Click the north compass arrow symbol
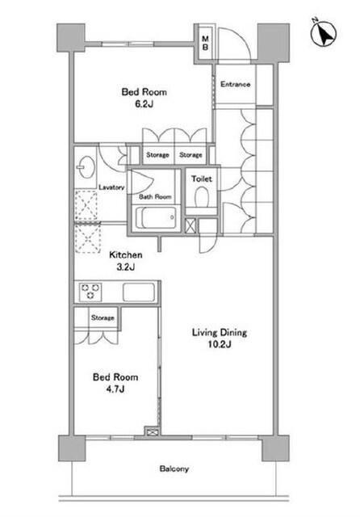click(x=324, y=33)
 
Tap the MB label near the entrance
click(x=205, y=43)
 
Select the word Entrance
click(x=235, y=84)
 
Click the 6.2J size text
click(x=144, y=104)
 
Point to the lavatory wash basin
click(x=86, y=167)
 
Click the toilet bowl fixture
click(x=202, y=197)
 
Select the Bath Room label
click(x=155, y=197)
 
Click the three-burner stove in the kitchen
click(x=90, y=292)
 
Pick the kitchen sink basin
click(x=139, y=292)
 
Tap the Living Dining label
click(x=220, y=332)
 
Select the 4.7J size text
click(x=115, y=389)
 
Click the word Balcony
click(x=174, y=469)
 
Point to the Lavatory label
click(x=111, y=187)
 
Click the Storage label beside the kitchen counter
click(x=103, y=317)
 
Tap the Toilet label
click(x=202, y=179)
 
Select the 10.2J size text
click(x=220, y=345)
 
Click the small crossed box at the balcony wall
click(x=152, y=432)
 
